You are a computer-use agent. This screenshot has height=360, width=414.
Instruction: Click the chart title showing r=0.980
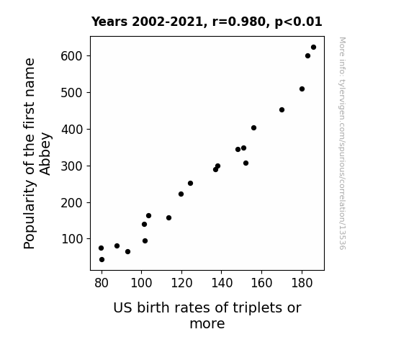[207, 22]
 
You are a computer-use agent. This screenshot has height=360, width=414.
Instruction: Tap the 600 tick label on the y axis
[72, 56]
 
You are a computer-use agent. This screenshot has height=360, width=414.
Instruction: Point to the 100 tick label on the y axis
[72, 239]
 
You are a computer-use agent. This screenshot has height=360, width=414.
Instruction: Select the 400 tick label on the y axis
[72, 130]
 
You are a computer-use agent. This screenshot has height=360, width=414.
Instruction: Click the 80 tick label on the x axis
[102, 283]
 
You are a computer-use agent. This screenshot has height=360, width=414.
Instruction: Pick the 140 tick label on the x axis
[222, 283]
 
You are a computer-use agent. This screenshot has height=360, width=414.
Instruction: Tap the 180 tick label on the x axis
[302, 283]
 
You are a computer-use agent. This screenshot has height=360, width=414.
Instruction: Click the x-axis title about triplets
[207, 315]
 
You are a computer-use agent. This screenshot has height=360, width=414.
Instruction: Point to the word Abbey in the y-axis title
[45, 154]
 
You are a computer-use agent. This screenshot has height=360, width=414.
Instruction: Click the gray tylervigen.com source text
[342, 143]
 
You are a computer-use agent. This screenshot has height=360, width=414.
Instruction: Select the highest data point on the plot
[313, 48]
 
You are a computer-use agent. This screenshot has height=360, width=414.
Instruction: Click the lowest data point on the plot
[102, 260]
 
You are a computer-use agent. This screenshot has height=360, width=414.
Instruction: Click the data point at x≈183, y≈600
[307, 55]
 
